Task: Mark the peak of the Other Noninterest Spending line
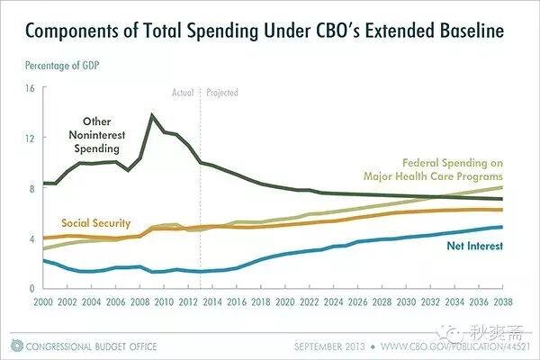click(x=151, y=114)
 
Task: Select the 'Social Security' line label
click(x=95, y=223)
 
